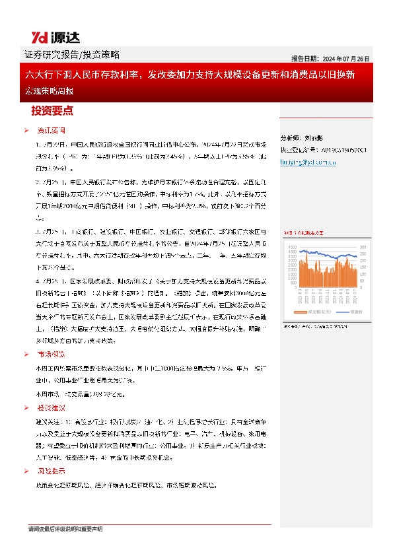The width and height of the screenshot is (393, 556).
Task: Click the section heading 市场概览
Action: coord(51,354)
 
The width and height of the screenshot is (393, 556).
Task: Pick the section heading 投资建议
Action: coord(51,407)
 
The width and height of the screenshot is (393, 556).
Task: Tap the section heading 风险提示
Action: coord(51,471)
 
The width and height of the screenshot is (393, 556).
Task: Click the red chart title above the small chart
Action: coord(304,233)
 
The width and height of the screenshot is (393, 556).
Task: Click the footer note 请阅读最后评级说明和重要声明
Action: coord(65,529)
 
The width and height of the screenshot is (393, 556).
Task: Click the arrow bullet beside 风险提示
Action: coord(26,471)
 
